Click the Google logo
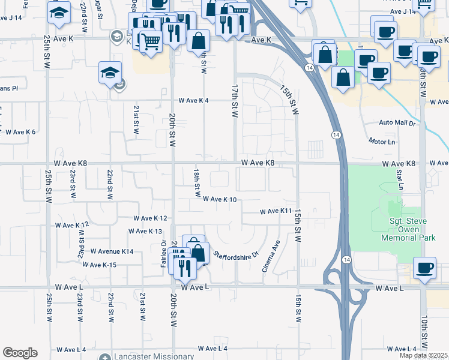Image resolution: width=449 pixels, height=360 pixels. click(20, 353)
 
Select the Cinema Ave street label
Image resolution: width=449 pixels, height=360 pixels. click(271, 257)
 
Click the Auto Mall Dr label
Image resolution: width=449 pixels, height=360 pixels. click(397, 122)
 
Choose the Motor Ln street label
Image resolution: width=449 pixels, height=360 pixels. click(382, 142)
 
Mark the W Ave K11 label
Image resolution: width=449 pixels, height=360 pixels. click(276, 211)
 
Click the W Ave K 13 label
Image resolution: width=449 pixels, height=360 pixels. click(146, 231)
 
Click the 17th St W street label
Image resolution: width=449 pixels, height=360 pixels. click(235, 100)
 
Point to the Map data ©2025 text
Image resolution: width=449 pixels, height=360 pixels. click(424, 355)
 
